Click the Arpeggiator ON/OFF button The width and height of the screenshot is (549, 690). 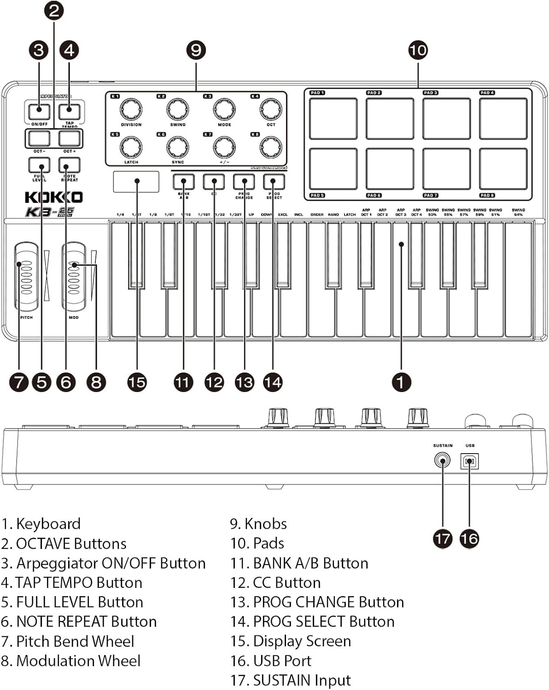coord(39,111)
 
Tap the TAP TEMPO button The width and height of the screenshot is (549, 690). coord(69,111)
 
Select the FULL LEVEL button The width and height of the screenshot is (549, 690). coord(39,165)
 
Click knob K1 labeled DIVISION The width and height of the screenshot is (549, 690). coord(131,109)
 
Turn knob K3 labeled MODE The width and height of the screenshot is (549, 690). coord(224,109)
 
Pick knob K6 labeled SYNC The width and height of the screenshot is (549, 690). coord(177,147)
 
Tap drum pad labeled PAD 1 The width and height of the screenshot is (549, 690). coord(333,118)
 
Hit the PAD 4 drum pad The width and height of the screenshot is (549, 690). coord(503,118)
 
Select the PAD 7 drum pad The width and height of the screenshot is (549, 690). coord(446,168)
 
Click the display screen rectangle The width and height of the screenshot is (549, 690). coord(136,181)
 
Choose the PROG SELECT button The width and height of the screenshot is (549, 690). coord(274,182)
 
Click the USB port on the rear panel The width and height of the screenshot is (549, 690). coord(469,461)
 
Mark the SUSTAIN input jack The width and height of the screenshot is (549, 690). coord(442,460)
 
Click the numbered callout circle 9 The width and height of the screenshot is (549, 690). coord(196,50)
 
